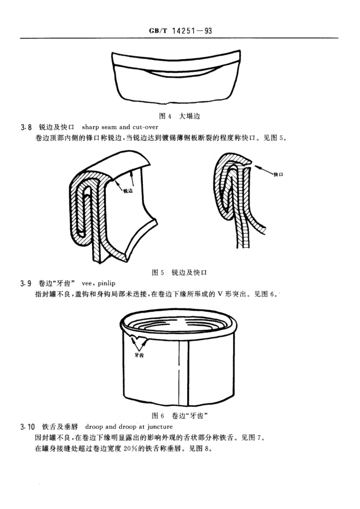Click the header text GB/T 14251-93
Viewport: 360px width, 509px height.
[180, 31]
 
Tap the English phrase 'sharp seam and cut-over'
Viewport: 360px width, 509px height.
[120, 127]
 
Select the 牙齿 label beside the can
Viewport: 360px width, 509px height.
[139, 355]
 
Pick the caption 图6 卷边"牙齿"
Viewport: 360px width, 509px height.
[180, 416]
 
